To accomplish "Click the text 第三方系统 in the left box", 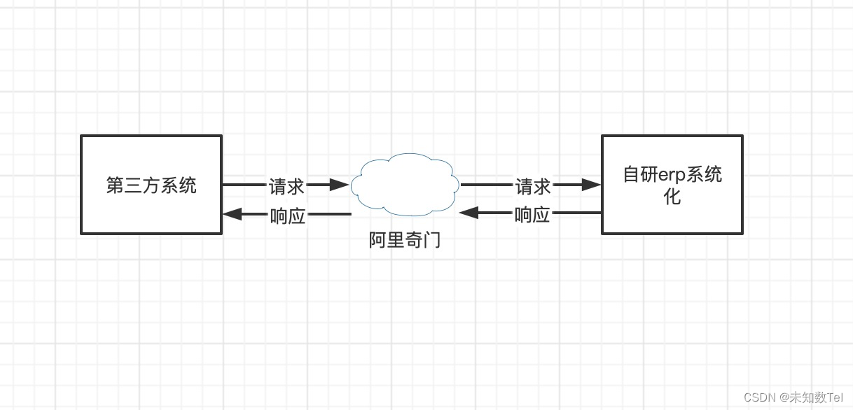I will [151, 185].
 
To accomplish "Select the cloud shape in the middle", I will [405, 184].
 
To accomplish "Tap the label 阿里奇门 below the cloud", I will [405, 240].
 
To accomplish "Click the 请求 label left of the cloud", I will [286, 186].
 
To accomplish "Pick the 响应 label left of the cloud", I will [288, 215].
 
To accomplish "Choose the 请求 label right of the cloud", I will [533, 186].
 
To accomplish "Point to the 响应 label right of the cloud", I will [532, 215].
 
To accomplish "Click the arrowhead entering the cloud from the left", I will [340, 185].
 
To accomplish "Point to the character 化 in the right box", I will [672, 197].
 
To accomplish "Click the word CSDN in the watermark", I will [758, 397].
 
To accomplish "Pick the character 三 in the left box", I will [133, 185].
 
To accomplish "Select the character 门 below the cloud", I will [432, 240].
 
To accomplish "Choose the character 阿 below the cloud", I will [377, 240].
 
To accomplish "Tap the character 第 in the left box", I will [115, 185].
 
